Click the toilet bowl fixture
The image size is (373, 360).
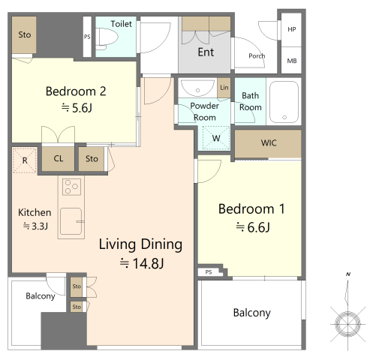tap(107, 38)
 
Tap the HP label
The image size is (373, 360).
tap(292, 29)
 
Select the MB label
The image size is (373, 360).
tap(292, 61)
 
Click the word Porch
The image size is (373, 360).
tap(257, 55)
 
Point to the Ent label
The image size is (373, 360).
tap(206, 52)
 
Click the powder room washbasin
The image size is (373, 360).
tap(197, 88)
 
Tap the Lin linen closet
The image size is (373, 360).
tap(224, 88)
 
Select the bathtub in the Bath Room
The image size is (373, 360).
tap(284, 102)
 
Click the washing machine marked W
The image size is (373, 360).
tap(216, 138)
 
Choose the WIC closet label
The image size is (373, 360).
tap(269, 143)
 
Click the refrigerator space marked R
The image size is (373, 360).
tap(25, 160)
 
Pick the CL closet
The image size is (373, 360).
tap(58, 159)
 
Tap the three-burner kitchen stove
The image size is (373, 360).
tap(71, 187)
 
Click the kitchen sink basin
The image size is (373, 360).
tap(71, 221)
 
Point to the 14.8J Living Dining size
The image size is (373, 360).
tap(142, 263)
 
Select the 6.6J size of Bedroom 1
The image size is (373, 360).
tap(253, 227)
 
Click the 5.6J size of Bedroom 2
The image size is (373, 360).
tap(77, 108)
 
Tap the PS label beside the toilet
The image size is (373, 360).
tap(87, 37)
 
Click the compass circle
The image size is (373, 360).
tap(347, 324)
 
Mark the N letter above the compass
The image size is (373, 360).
tap(348, 274)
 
